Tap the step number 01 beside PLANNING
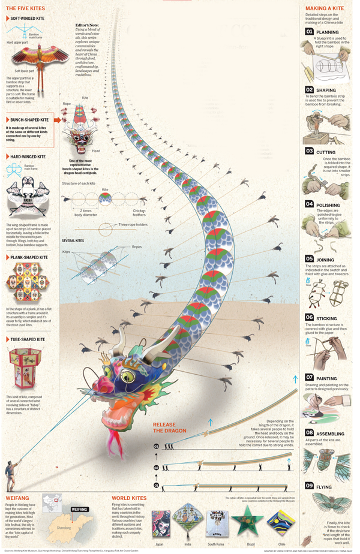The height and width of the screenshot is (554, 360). [309, 31]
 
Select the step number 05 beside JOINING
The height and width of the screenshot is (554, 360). [309, 258]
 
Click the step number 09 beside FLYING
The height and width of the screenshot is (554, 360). [309, 486]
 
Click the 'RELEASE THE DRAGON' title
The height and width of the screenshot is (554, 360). [169, 427]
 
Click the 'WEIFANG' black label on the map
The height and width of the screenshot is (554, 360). [80, 509]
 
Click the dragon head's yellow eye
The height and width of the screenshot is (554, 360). [128, 376]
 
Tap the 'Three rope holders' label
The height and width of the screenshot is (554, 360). [131, 225]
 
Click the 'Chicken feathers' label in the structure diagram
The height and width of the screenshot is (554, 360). [139, 211]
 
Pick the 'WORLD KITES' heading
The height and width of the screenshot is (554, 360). [129, 498]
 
